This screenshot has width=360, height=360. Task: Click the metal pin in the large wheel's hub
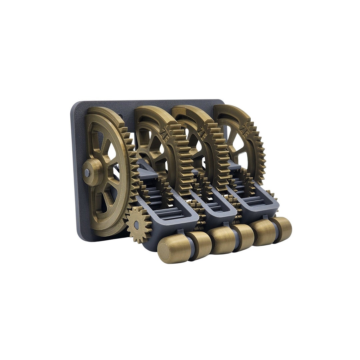click(87, 173)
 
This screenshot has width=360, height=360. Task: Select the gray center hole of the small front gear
click(136, 225)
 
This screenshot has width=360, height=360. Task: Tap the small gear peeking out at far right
click(272, 195)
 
